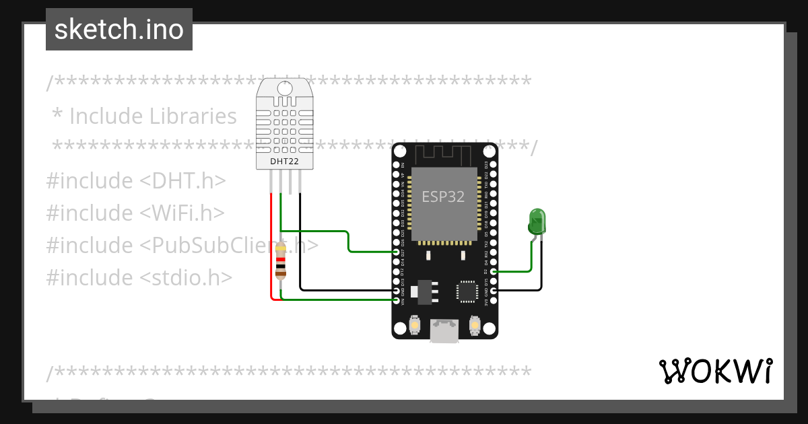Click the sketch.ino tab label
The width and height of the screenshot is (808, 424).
click(x=119, y=30)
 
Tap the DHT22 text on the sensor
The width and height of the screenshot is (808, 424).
click(x=284, y=162)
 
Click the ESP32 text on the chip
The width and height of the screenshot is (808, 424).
click(x=443, y=197)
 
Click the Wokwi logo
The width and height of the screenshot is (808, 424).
click(x=715, y=371)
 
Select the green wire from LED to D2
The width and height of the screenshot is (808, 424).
click(x=531, y=259)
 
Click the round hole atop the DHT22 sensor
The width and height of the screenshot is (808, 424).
click(x=285, y=88)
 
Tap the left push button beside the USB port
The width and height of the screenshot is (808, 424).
click(x=415, y=326)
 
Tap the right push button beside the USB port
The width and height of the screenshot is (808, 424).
click(x=474, y=326)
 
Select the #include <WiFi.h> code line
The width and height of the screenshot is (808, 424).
click(x=135, y=213)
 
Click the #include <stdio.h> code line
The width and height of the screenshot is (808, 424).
click(x=139, y=277)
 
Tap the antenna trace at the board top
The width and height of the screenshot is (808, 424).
click(x=444, y=153)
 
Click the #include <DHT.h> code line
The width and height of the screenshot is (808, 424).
click(x=135, y=180)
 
